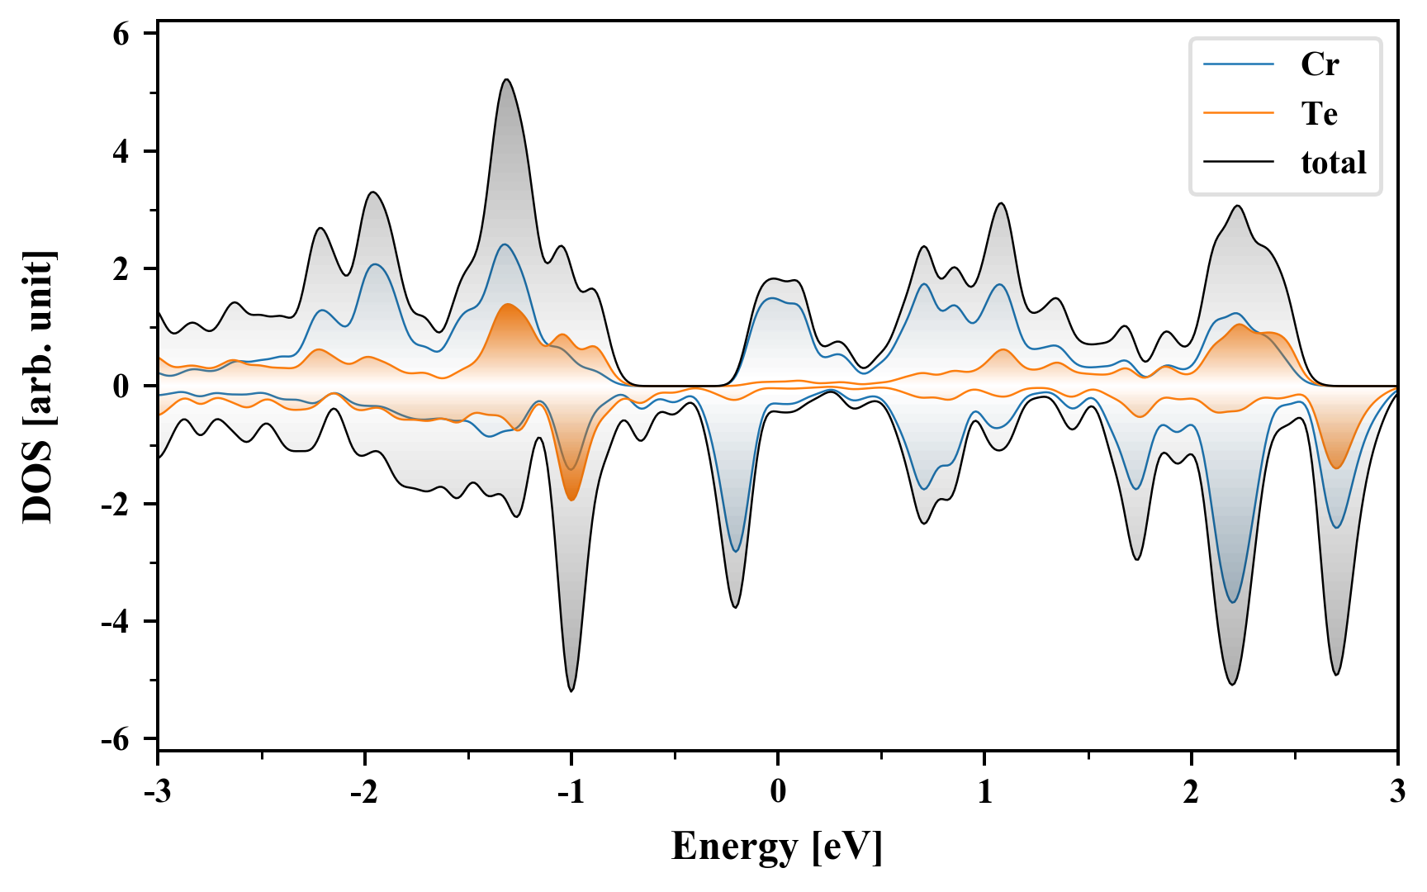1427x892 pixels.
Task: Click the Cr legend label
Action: [1319, 64]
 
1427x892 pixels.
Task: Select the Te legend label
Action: [1319, 114]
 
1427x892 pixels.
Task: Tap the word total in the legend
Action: [1333, 163]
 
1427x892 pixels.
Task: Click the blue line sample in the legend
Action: [1238, 64]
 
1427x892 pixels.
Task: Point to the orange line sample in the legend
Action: [1238, 113]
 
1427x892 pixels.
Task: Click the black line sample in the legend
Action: [1238, 163]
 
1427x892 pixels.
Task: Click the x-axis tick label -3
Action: [157, 791]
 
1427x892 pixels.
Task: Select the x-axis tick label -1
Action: [571, 791]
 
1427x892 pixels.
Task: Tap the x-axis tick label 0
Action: [778, 791]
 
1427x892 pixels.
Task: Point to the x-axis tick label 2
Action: [1191, 791]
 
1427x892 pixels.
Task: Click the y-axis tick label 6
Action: [121, 35]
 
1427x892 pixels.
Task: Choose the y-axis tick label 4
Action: [121, 152]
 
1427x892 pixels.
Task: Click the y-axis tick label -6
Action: [116, 739]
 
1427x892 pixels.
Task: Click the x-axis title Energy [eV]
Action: [777, 847]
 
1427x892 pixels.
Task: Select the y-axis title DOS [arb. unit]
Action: [38, 387]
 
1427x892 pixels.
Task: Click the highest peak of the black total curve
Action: [506, 80]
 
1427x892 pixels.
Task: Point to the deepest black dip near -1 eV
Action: [571, 690]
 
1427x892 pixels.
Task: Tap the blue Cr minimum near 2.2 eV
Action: [1233, 601]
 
